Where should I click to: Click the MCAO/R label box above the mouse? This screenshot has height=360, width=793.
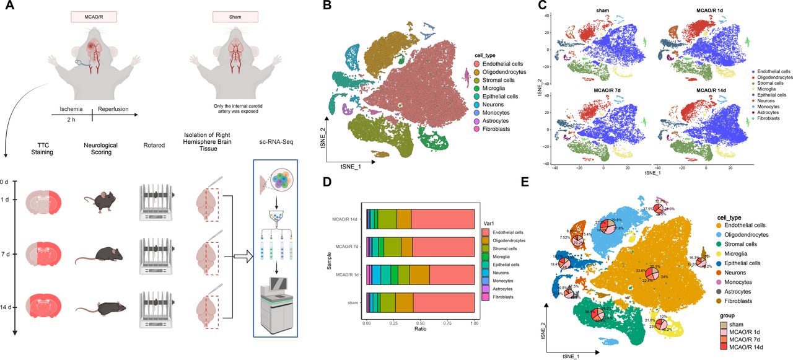pyautogui.click(x=91, y=17)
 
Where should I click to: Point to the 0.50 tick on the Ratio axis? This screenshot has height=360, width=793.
pyautogui.click(x=420, y=323)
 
